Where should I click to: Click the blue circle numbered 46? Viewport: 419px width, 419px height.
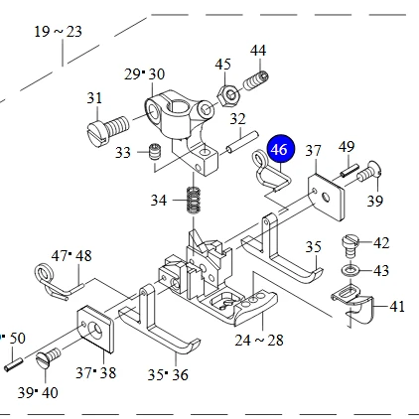(x=281, y=149)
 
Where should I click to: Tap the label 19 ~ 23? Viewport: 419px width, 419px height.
(x=58, y=32)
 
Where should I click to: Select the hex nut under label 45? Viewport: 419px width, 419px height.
(x=227, y=95)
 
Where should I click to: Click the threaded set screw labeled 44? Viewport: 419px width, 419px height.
(x=256, y=80)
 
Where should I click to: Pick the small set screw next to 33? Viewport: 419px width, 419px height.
(x=155, y=152)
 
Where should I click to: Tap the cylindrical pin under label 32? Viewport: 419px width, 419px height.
(x=242, y=142)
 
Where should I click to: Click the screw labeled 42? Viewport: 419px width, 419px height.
(x=350, y=245)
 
